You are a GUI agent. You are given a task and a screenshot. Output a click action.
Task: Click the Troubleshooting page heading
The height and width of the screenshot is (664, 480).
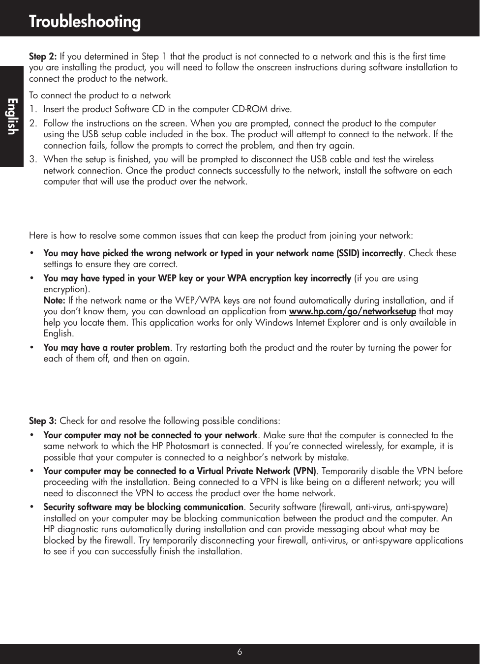pos(85,22)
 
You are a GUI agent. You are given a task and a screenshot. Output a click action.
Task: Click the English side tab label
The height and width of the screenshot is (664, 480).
pos(12,116)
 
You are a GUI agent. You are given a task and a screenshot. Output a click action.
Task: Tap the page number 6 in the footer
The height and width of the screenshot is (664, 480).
pos(240,652)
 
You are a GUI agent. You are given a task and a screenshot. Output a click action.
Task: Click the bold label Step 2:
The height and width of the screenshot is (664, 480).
pos(43,56)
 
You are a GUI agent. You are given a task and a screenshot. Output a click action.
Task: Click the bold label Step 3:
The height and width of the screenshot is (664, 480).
pos(43,421)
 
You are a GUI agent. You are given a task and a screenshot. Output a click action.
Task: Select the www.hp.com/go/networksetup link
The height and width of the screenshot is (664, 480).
pos(352,311)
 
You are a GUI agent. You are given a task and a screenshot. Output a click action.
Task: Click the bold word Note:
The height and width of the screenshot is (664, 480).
pos(55,300)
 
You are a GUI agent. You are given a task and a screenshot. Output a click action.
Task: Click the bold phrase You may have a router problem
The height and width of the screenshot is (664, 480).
pos(106,348)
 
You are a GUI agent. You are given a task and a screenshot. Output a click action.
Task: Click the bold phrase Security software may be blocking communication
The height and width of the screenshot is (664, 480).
pos(143,507)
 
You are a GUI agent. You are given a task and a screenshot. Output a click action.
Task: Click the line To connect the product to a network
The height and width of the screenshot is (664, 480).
pos(100,95)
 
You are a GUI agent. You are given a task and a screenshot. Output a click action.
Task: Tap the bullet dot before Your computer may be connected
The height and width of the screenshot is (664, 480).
pos(32,471)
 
